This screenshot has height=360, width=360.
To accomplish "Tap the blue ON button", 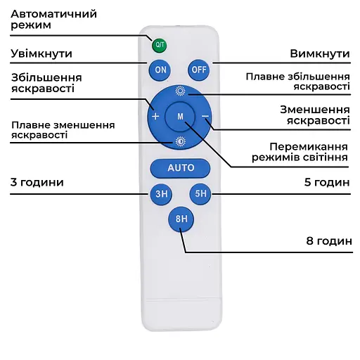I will coord(160,70).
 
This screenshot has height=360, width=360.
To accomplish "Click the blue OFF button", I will coord(199,70).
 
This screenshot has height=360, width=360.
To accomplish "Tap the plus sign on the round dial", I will coord(155,115).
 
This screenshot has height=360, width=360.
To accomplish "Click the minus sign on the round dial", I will coord(205,115).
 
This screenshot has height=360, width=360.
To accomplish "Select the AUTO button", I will coord(181,168).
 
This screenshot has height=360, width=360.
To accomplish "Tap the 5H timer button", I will coord(201,193).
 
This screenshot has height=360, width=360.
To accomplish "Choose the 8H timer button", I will coord(181,219).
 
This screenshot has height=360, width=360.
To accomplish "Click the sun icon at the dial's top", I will coord(180,91).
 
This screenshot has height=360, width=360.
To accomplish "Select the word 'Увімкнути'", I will coord(41,53).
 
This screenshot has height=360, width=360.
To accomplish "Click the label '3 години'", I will coord(37,182).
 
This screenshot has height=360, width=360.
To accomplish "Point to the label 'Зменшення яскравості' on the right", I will coord(314,115).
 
